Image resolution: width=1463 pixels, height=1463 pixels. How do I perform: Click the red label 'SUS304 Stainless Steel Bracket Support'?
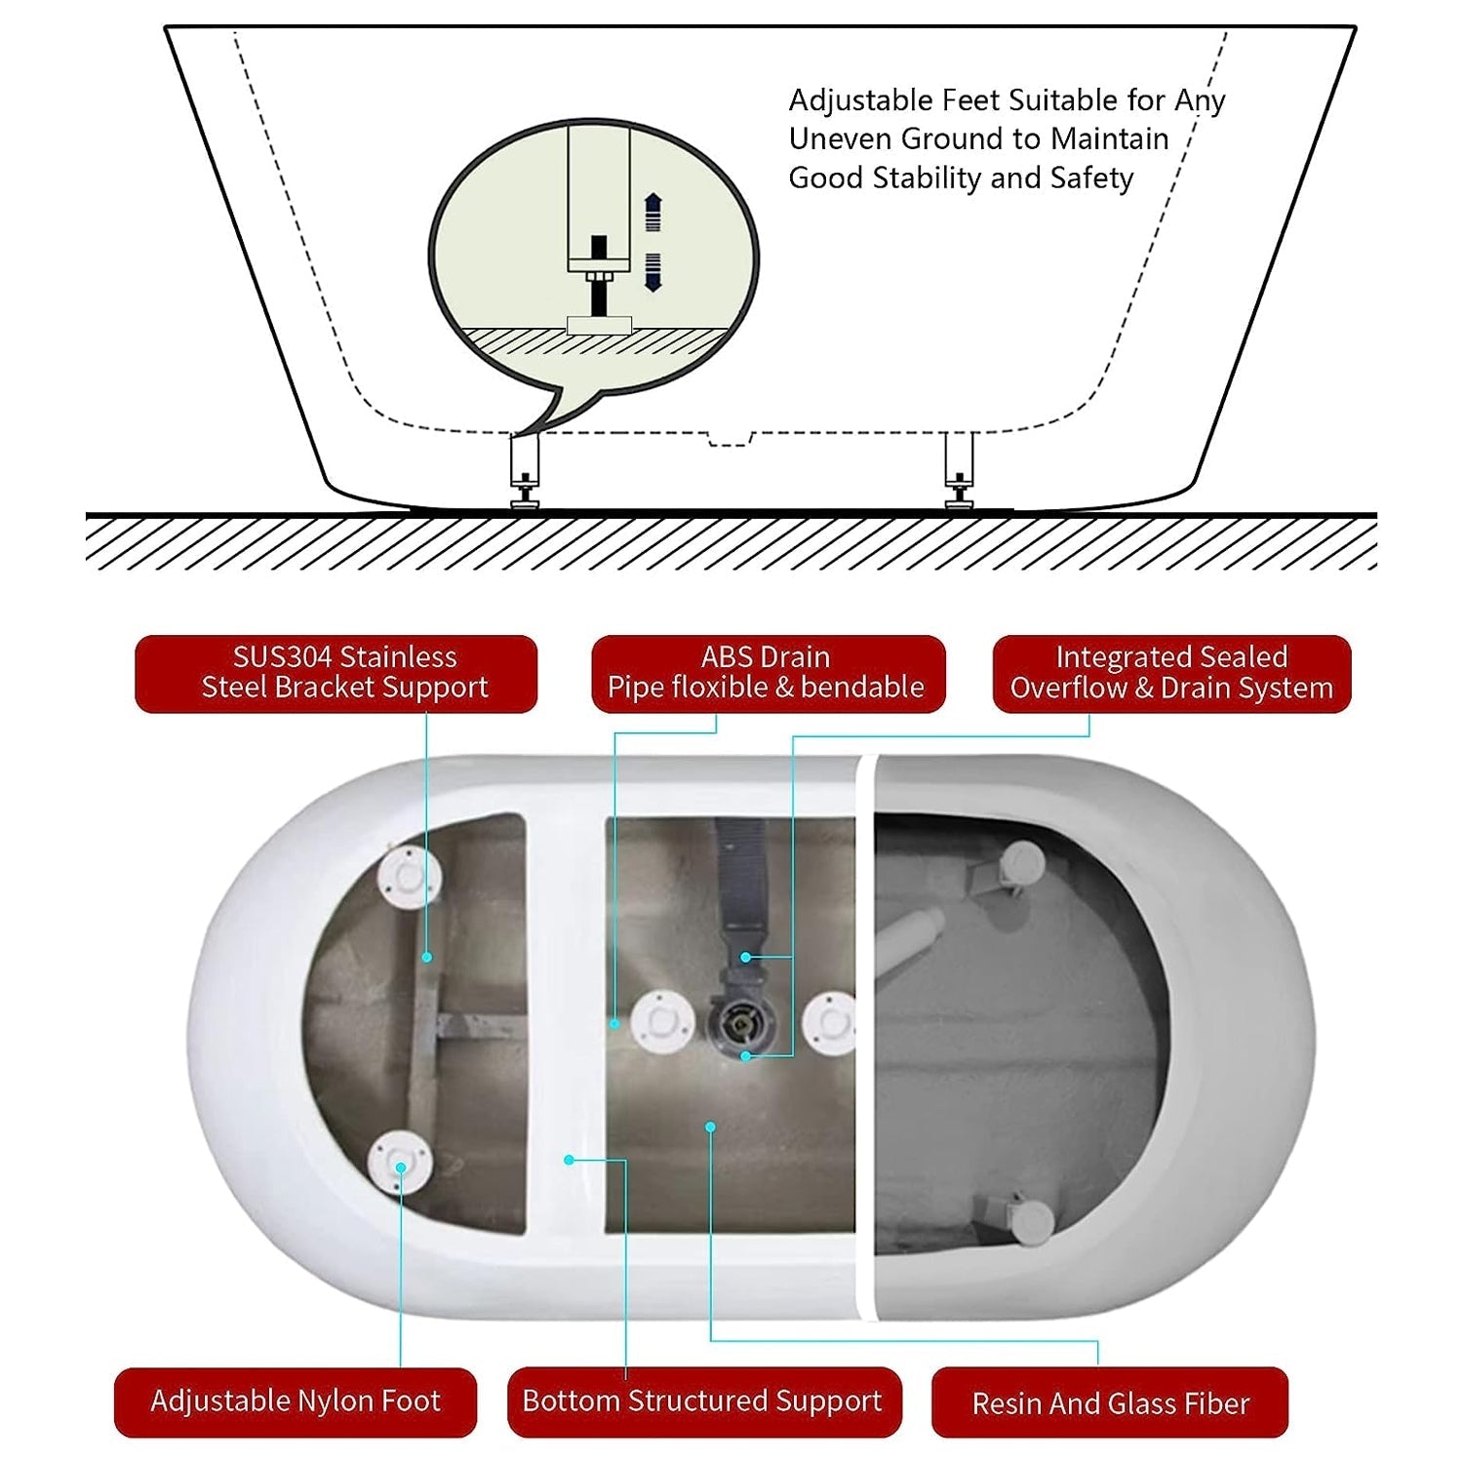[x=336, y=673]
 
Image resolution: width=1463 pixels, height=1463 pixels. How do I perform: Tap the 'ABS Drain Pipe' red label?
[x=768, y=673]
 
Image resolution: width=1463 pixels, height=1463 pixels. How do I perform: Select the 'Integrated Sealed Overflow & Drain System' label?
[x=1171, y=673]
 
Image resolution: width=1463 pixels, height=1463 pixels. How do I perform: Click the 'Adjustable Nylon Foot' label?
[x=296, y=1402]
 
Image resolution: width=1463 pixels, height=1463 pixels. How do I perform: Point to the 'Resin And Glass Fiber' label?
[x=1110, y=1403]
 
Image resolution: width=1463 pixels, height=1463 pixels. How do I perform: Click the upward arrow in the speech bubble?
[x=653, y=212]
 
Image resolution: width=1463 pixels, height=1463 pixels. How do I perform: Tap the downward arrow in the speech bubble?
[x=653, y=272]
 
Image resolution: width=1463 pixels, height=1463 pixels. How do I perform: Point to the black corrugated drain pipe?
[x=739, y=883]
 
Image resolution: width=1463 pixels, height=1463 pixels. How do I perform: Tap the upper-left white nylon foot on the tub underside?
[x=410, y=877]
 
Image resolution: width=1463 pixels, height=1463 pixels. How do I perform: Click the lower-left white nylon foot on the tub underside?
[x=400, y=1163]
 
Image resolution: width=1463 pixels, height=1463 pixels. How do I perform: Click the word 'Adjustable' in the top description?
[x=860, y=101]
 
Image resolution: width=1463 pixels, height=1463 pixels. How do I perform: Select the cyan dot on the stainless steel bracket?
[x=426, y=958]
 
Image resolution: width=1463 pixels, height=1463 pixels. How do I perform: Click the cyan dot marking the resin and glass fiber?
[x=711, y=1127]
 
